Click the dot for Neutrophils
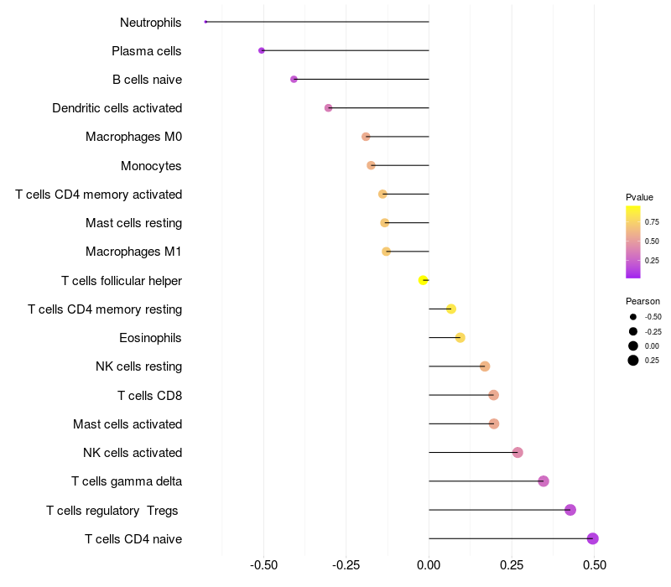(x=205, y=22)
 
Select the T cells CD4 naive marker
(x=592, y=538)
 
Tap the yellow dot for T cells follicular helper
(x=424, y=280)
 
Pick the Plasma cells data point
(x=262, y=50)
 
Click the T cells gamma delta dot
(x=544, y=481)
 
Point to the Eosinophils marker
(x=460, y=338)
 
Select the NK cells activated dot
(x=518, y=453)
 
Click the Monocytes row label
(x=151, y=166)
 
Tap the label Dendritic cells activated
(x=117, y=108)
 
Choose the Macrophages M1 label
(x=133, y=252)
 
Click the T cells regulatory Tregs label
(x=113, y=510)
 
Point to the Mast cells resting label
(x=133, y=223)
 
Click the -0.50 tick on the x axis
(x=263, y=565)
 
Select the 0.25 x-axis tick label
(x=512, y=565)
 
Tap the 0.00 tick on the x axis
(x=429, y=565)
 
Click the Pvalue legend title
(x=639, y=197)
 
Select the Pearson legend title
(x=642, y=301)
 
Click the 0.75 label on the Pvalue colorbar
(x=652, y=222)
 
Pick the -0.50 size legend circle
(x=633, y=317)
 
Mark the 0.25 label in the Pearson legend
(x=652, y=361)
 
